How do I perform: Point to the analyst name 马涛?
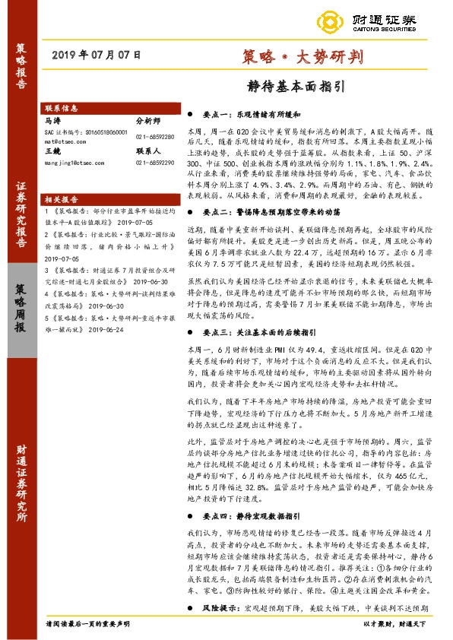tap(52, 120)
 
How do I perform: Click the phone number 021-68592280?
tap(154, 136)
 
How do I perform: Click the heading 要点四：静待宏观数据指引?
tap(262, 515)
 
